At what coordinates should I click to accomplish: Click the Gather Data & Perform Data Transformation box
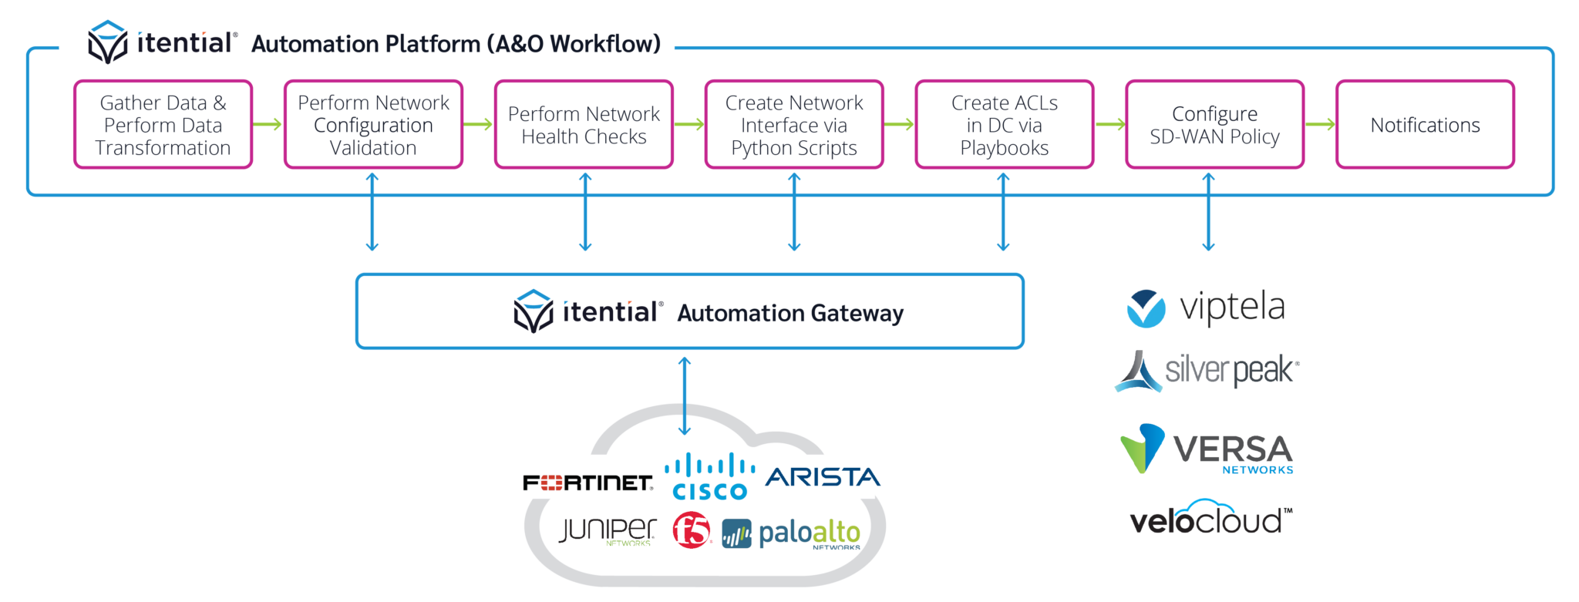tap(163, 125)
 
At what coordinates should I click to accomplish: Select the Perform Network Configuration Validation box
tap(373, 125)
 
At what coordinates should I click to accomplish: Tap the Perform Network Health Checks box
tap(584, 125)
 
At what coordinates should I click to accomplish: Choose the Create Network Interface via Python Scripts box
tap(794, 125)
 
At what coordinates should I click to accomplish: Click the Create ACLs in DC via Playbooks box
tap(1004, 125)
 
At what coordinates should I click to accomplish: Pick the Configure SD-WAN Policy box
tap(1214, 125)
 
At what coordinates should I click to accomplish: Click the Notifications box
tap(1425, 125)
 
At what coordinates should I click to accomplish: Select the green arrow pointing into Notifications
tap(1320, 124)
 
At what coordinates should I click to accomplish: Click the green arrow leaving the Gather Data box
tap(268, 124)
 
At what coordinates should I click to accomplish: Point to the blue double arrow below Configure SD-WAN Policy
tap(1208, 212)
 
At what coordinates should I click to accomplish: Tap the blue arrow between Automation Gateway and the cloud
tap(684, 395)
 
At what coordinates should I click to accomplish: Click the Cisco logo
tap(709, 477)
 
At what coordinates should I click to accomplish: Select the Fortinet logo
tap(571, 477)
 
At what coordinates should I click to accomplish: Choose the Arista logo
tap(821, 477)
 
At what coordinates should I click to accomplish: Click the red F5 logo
tap(692, 530)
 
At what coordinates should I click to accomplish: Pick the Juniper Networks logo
tap(608, 530)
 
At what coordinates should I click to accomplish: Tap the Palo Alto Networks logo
tap(791, 533)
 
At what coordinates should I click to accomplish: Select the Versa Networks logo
tap(1207, 449)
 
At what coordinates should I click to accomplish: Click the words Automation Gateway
tap(789, 313)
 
